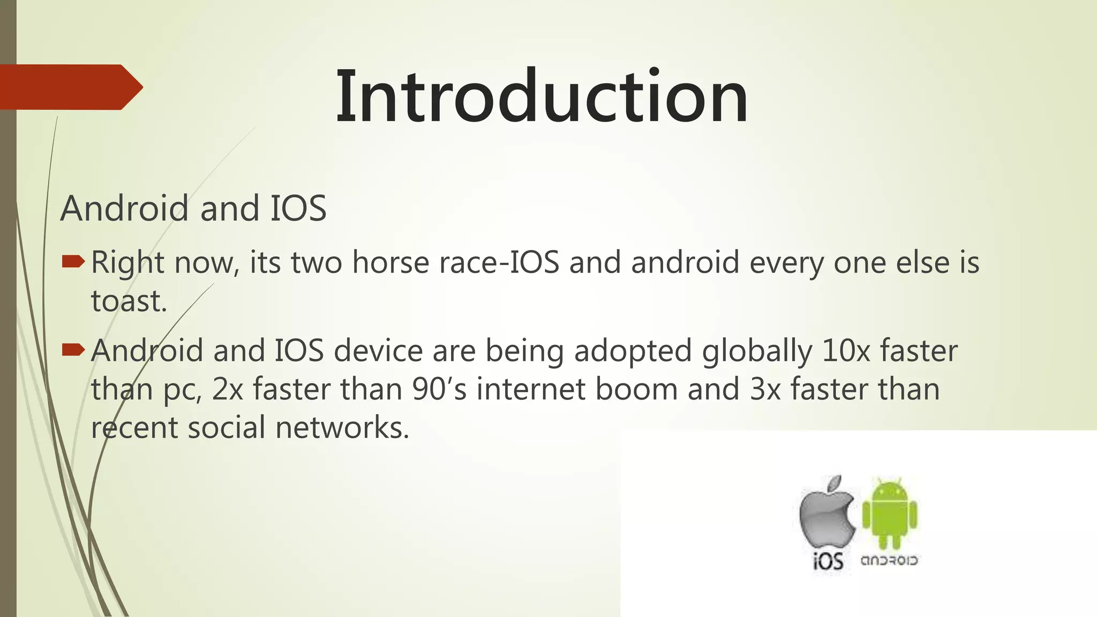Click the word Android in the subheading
click(x=124, y=208)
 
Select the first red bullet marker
click(x=73, y=261)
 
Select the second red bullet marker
click(x=73, y=350)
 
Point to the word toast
click(x=129, y=301)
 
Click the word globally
click(x=757, y=352)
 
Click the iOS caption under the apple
click(x=828, y=561)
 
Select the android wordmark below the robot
click(x=889, y=560)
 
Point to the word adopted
click(x=633, y=352)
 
